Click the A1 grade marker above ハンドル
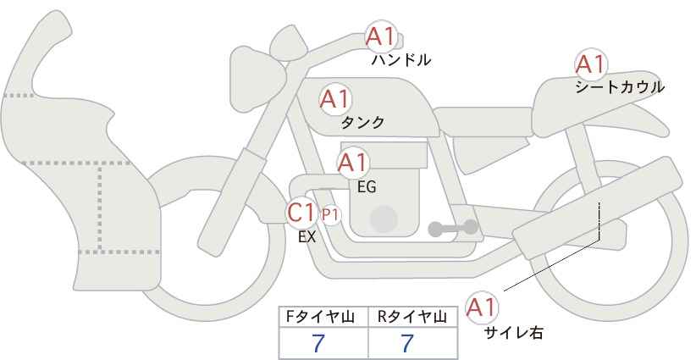(x=380, y=36)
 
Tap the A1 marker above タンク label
(x=335, y=99)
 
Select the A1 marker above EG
(x=353, y=163)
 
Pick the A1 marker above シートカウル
(x=591, y=64)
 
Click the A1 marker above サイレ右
(x=482, y=307)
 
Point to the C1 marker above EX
(x=301, y=212)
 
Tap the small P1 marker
(x=330, y=215)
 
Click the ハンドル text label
(x=400, y=59)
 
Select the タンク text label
(x=362, y=123)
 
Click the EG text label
(x=367, y=187)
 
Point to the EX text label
(x=307, y=237)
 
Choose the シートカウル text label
(x=620, y=87)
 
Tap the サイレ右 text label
(x=514, y=333)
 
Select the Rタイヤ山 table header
(x=412, y=317)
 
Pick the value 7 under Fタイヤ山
(x=318, y=344)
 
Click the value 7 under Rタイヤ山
(x=407, y=344)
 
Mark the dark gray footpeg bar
(x=453, y=228)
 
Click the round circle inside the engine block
(x=384, y=219)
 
